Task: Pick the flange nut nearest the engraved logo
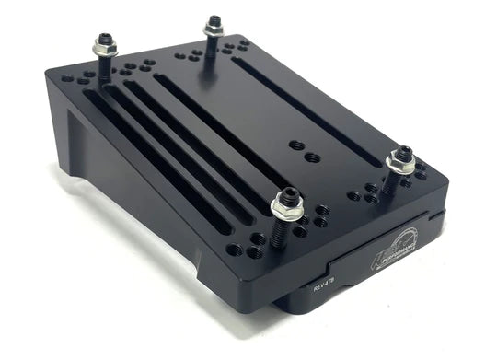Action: [401, 163]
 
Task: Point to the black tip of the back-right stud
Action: [214, 20]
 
